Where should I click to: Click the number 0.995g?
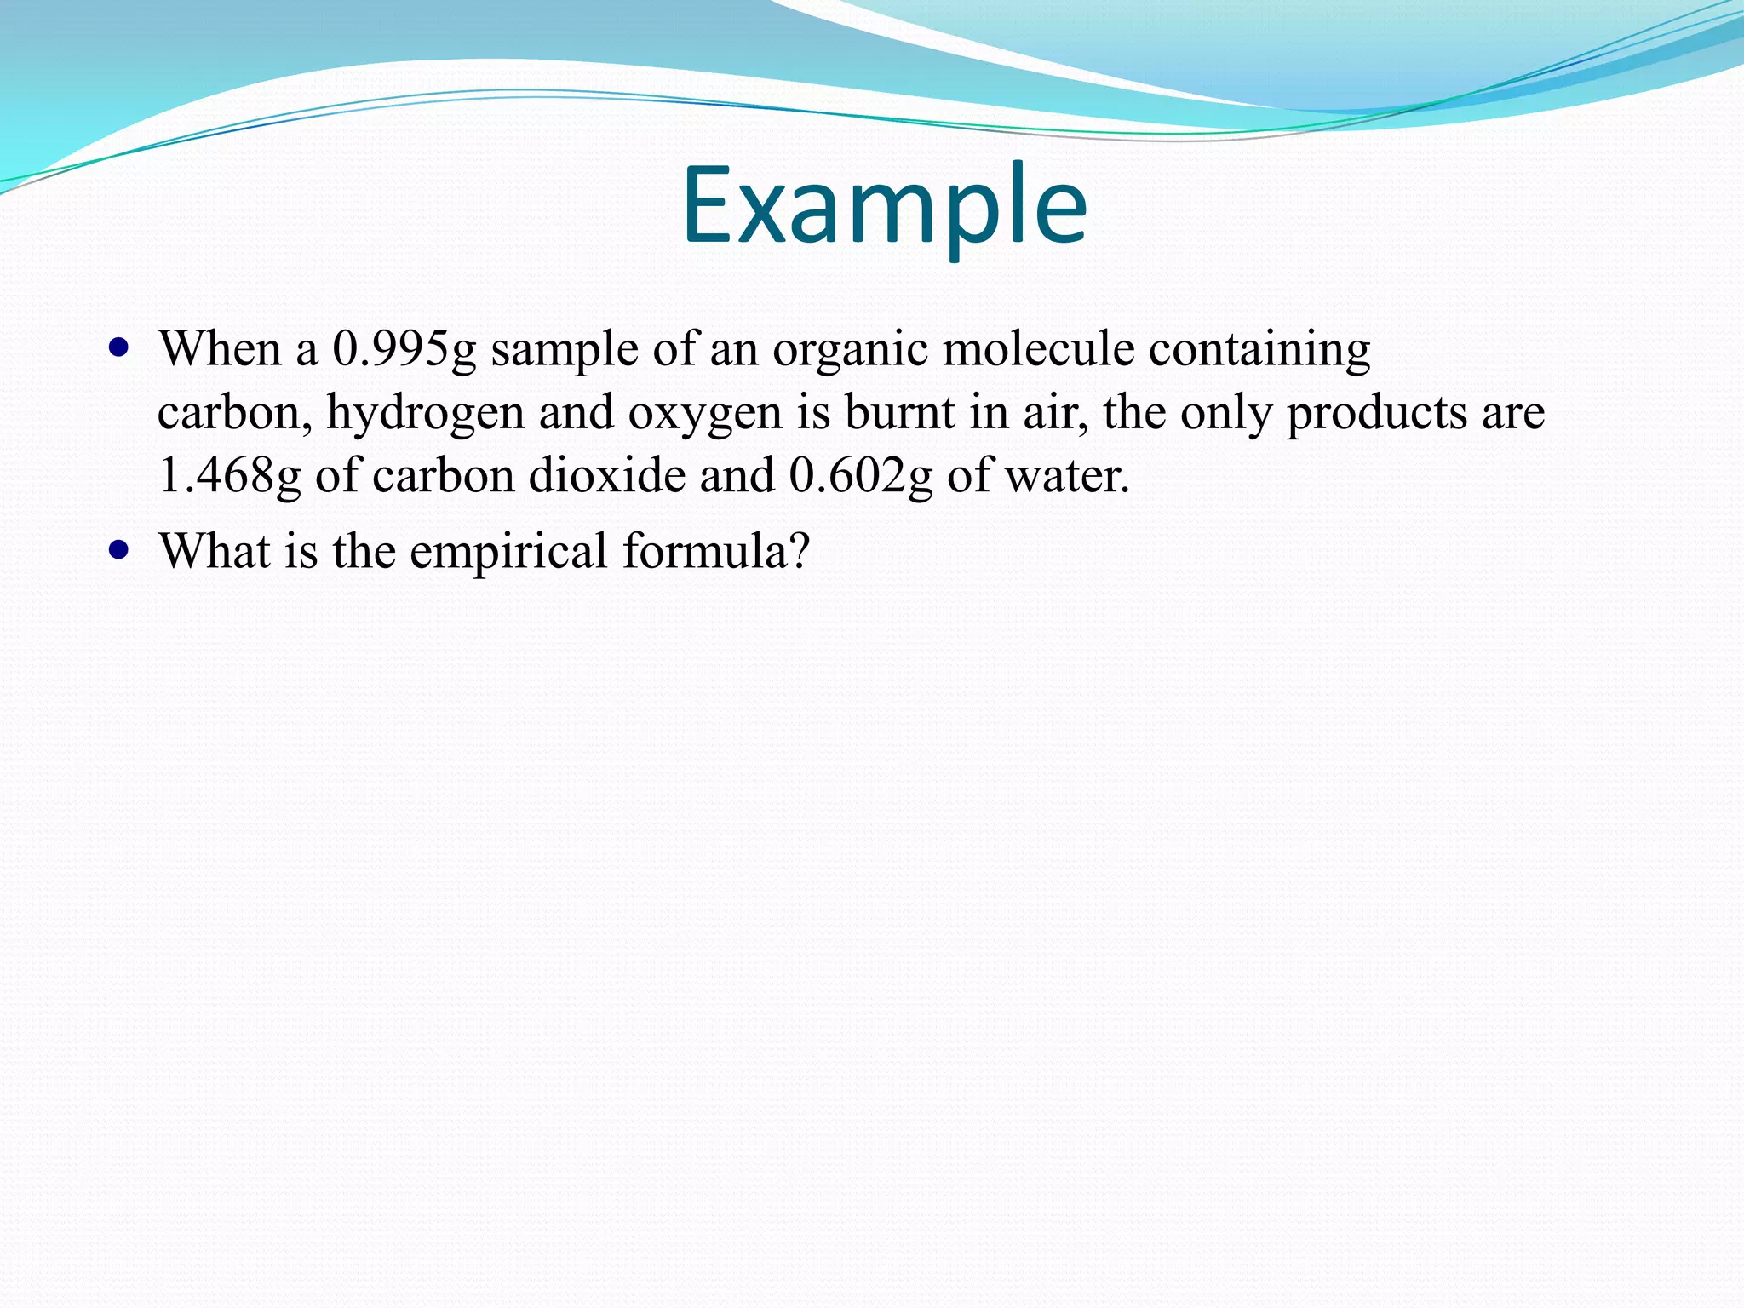click(x=404, y=350)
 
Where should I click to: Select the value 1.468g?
click(x=229, y=476)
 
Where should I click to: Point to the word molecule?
click(x=1038, y=349)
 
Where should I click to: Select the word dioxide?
click(x=606, y=476)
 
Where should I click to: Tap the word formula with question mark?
click(x=715, y=551)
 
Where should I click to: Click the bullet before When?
click(x=119, y=348)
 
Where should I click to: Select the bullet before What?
click(x=119, y=550)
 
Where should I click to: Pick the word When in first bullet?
click(x=221, y=349)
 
